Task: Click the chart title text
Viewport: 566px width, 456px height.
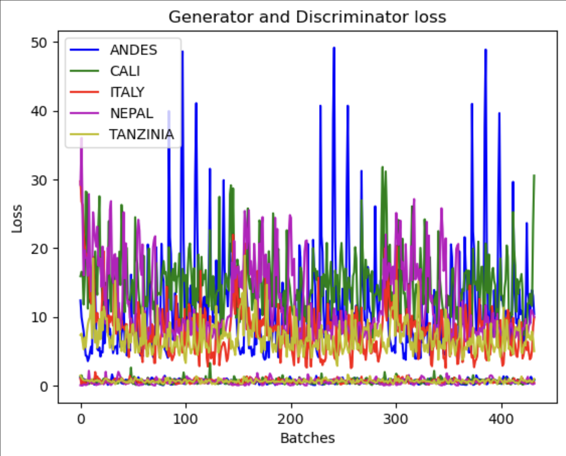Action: point(307,17)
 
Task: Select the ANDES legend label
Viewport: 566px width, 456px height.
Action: point(133,50)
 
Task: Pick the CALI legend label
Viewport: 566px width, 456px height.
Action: point(125,71)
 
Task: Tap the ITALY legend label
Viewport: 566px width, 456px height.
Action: point(127,92)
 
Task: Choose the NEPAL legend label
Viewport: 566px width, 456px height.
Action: point(131,113)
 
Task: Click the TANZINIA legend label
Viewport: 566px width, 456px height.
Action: point(141,135)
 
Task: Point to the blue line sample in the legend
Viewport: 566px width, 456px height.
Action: point(84,50)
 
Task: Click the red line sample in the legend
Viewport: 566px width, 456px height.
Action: point(84,92)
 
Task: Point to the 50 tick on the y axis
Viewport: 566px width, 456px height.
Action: point(39,43)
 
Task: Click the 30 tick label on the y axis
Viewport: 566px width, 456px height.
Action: point(39,180)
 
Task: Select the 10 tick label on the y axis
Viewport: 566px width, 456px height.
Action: point(39,318)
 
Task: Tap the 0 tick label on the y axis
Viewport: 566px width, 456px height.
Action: point(44,386)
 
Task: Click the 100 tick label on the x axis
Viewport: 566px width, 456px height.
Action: point(186,419)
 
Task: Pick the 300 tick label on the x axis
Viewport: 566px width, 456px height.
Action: point(396,419)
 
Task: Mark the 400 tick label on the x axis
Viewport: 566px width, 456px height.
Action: point(501,419)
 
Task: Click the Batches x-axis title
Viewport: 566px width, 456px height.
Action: point(307,438)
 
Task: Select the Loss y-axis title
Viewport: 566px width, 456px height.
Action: point(17,218)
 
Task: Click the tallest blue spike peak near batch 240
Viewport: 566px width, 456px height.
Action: point(334,48)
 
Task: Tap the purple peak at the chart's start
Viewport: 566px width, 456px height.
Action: point(81,139)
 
